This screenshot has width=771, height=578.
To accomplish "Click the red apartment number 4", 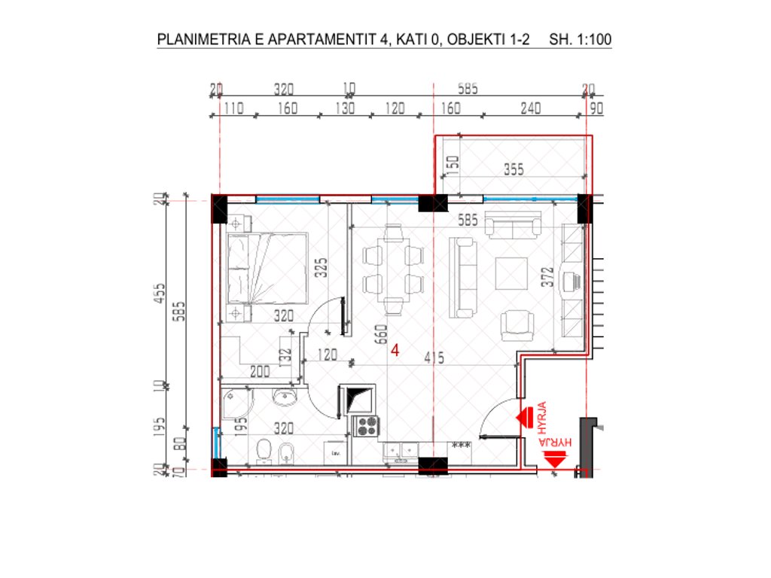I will pos(395,349).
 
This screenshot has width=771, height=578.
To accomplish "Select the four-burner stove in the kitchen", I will pos(366,427).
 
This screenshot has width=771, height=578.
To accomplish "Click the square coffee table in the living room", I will pos(512,276).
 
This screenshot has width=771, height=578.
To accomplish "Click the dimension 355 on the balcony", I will pos(513,170).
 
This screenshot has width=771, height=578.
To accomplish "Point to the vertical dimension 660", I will pos(381,333).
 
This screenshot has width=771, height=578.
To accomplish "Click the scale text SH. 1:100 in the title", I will pos(581,40).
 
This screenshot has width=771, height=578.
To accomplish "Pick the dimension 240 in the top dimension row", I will pos(531,108).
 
